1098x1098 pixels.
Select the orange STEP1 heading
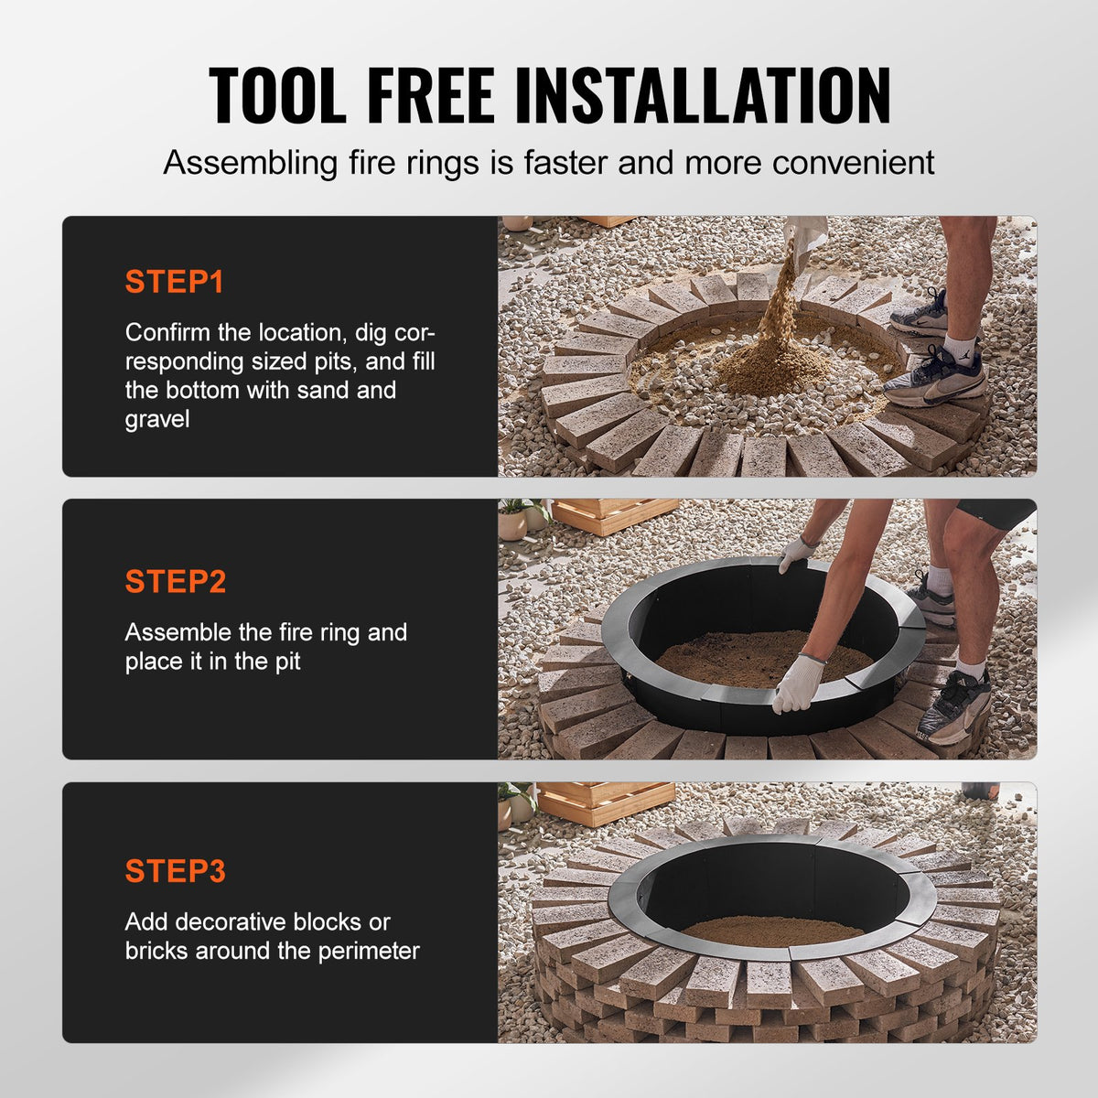174,282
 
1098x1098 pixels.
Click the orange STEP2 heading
175,582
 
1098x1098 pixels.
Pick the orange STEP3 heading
175,871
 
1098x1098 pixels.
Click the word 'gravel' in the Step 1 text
157,420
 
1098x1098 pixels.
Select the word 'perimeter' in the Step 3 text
369,951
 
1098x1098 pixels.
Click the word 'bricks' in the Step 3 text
155,951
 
